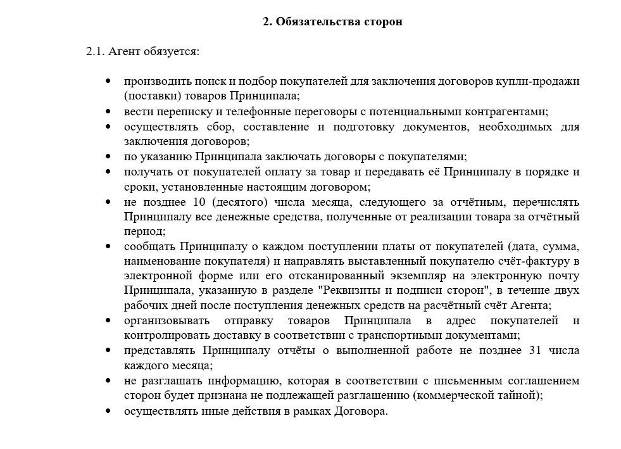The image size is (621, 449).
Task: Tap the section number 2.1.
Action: pos(95,51)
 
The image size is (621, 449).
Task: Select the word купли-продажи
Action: pos(540,82)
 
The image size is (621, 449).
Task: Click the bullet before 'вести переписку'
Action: pos(109,111)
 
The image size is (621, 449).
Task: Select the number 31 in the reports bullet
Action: pos(533,350)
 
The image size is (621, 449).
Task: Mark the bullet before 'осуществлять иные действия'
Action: pos(109,410)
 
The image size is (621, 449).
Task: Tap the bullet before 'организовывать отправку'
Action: pos(109,320)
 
